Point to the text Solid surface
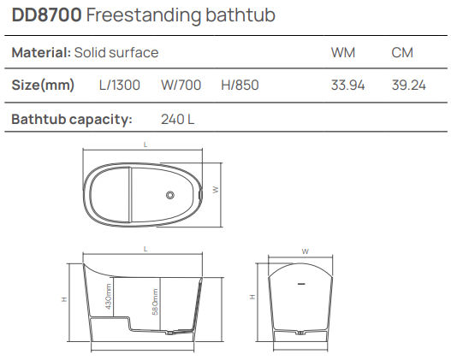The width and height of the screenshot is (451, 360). coord(116,53)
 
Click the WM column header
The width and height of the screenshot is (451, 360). coord(343,53)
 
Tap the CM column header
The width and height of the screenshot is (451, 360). coord(402,53)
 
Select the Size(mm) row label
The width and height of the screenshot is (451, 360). coord(43,86)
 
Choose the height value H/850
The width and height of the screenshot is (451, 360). coord(240,86)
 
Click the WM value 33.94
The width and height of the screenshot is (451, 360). coord(347,86)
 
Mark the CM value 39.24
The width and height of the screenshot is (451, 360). coord(408,86)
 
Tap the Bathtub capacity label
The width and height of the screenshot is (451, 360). coord(71,119)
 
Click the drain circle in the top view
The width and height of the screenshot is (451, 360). coord(171,195)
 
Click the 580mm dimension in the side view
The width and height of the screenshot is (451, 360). coord(155,302)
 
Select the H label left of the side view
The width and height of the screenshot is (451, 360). coord(64,298)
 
